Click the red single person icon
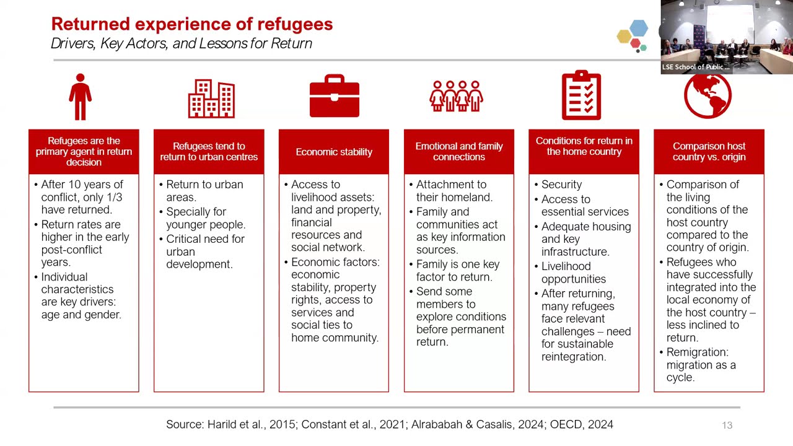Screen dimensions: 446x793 click(81, 97)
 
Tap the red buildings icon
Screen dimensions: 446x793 click(211, 98)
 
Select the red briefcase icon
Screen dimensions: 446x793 click(334, 97)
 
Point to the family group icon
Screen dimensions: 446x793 click(457, 97)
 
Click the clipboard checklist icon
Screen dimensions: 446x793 click(581, 95)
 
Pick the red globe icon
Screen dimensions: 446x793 click(708, 96)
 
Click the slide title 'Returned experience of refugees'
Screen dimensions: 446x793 click(192, 24)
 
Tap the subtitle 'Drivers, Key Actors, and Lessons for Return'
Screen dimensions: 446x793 click(182, 43)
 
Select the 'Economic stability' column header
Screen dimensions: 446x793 click(334, 152)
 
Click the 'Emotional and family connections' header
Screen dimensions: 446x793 click(459, 152)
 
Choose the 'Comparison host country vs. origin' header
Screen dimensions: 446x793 click(709, 152)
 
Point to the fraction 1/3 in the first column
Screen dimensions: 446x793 click(115, 197)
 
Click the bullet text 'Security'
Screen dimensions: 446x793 click(561, 185)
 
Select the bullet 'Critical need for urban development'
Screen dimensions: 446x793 click(204, 251)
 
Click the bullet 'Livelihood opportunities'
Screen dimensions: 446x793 click(573, 273)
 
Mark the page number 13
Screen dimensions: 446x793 click(727, 425)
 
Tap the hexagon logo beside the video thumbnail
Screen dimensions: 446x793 click(633, 35)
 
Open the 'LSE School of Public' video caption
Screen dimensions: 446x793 click(696, 67)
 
